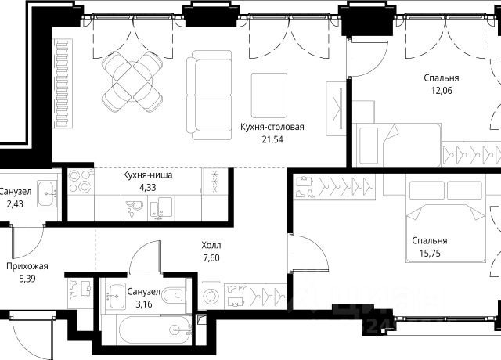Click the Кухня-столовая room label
272,127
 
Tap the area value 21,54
272,139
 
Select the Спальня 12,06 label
442,84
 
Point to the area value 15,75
430,254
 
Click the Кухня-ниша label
148,175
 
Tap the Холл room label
211,245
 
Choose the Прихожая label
27,266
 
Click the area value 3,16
144,304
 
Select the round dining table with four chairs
132,81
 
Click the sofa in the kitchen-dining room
209,95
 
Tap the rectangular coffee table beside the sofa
269,95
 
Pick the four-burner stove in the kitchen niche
81,181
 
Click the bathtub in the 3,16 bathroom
156,330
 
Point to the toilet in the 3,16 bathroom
173,295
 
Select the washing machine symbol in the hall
211,296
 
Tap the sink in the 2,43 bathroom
47,193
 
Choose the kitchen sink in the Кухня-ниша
161,208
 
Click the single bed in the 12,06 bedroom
398,146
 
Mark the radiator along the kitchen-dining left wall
64,84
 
